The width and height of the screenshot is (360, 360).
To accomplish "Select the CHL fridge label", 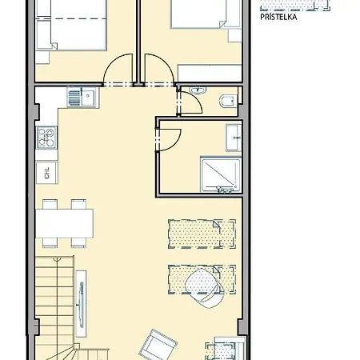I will pyautogui.click(x=44, y=170).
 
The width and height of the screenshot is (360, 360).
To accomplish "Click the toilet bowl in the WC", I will pyautogui.click(x=225, y=100).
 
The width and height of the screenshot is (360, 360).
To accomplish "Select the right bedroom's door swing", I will pyautogui.click(x=154, y=70).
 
